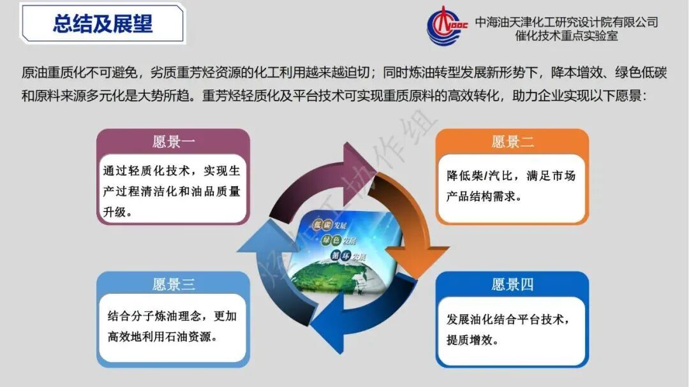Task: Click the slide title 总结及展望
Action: tap(103, 24)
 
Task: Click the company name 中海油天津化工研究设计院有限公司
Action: tap(567, 22)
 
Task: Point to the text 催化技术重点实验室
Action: tap(567, 36)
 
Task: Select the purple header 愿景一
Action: tap(173, 142)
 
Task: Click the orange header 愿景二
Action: tap(512, 142)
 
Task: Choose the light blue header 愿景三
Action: tap(173, 284)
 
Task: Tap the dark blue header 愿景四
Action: tap(512, 284)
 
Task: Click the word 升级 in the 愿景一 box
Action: tap(116, 212)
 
